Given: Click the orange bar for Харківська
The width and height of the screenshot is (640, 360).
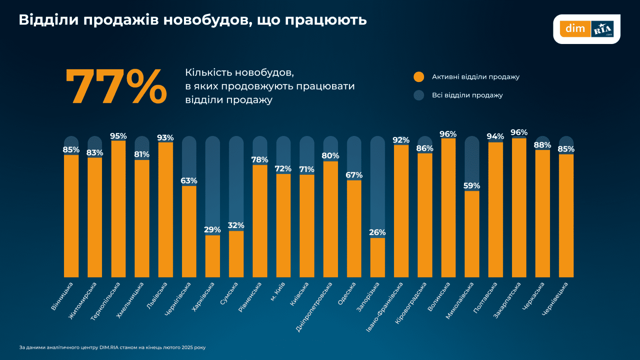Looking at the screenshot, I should point(212,256).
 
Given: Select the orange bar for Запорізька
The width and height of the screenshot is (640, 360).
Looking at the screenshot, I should point(378,258).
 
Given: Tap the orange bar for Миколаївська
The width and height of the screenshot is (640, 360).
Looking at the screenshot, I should point(472,234).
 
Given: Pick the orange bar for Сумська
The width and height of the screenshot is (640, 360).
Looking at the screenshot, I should point(236,254).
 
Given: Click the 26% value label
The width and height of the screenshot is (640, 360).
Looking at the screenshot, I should point(377,232).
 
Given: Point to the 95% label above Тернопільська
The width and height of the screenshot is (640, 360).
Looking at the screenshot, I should point(118,136).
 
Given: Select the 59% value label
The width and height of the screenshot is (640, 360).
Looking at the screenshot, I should point(472,186).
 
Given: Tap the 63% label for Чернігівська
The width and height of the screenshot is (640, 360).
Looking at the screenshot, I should point(189,181).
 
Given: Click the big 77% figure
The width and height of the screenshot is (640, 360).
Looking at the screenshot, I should point(116,86).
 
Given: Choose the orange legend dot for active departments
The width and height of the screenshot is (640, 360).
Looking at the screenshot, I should point(419,77).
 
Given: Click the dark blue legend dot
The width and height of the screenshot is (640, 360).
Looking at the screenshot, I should point(419,95).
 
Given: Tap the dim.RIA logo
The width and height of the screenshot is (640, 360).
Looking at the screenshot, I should point(586,29).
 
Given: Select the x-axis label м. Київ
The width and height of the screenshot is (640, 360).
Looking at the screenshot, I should point(278,292).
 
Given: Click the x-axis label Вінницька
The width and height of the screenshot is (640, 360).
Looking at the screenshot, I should point(62,296).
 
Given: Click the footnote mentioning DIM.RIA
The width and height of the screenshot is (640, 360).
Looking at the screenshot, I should point(112,347).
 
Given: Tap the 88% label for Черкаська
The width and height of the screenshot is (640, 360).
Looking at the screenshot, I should point(542,145).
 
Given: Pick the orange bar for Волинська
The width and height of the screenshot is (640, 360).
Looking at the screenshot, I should point(448,208).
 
